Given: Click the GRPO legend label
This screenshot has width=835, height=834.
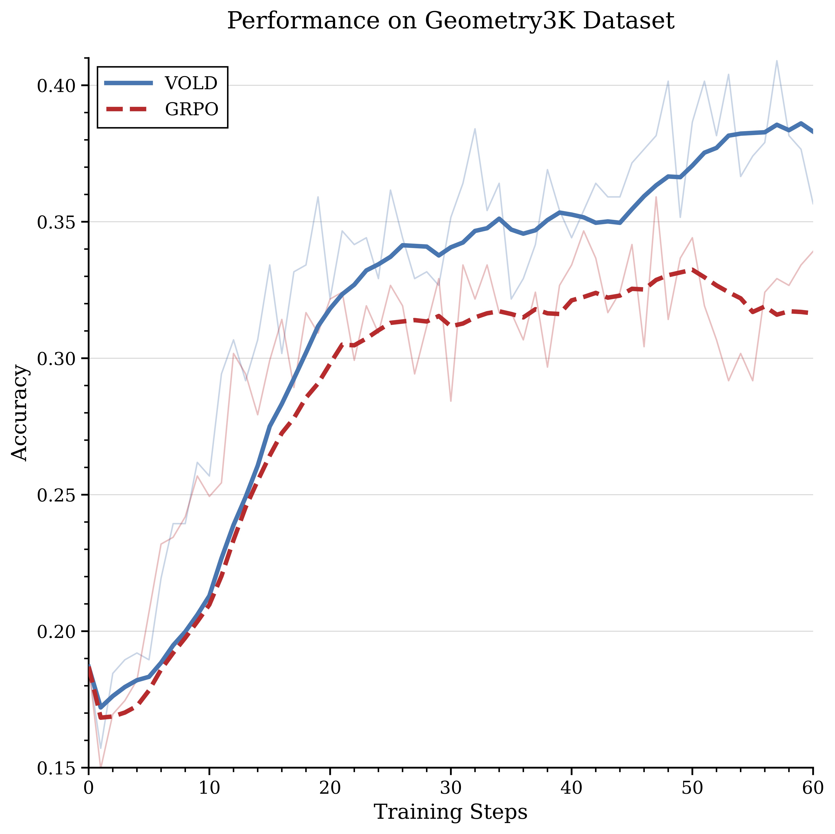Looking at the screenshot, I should click(x=191, y=110).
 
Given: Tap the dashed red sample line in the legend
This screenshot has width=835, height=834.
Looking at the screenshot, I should click(x=128, y=110).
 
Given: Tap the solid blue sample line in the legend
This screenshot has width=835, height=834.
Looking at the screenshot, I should click(x=128, y=83).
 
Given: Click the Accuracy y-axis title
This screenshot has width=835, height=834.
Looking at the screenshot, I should click(x=19, y=413).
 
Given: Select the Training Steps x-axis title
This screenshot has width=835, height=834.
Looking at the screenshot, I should click(x=450, y=812).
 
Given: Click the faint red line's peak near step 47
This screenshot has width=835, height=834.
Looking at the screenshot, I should click(x=656, y=197).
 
